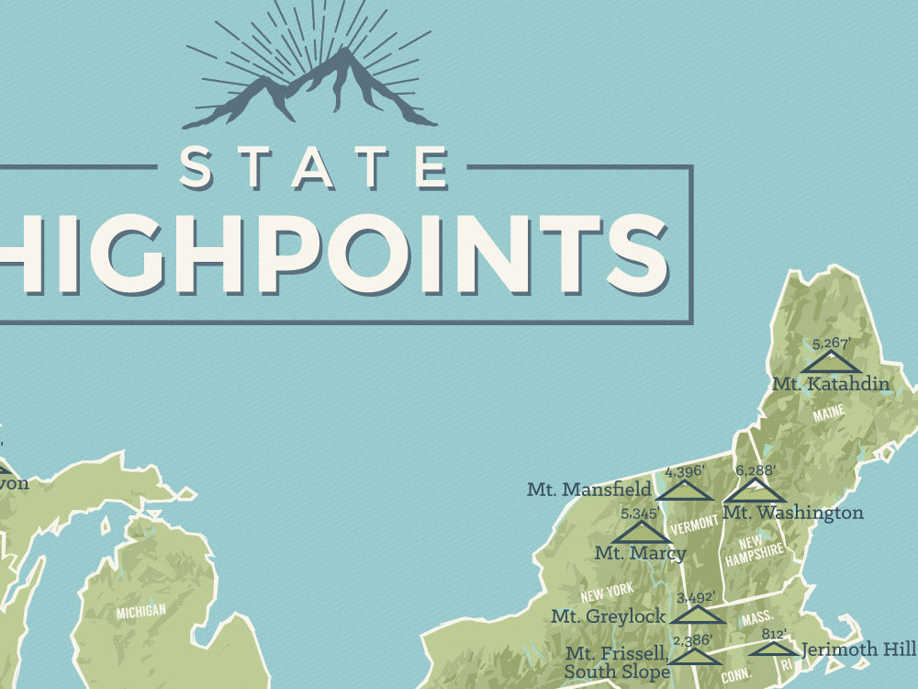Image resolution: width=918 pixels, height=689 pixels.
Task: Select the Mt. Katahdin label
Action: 831,384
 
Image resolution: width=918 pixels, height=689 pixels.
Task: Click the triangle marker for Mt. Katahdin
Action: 830,362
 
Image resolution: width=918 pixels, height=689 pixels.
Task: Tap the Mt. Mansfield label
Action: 589,489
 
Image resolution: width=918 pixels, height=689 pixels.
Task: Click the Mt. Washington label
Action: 793,513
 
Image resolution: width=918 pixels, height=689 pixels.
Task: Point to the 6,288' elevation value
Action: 756,470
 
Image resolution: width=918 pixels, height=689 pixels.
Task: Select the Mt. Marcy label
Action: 640,553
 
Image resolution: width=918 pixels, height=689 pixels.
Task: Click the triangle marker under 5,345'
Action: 641,532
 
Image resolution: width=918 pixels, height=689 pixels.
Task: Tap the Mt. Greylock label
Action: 608,616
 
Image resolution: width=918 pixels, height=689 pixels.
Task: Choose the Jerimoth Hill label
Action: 858,649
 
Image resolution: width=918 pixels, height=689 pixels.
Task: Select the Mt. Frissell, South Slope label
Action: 617,663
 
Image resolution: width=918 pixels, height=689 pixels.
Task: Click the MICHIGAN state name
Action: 140,610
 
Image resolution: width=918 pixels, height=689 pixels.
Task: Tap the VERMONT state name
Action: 694,525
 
